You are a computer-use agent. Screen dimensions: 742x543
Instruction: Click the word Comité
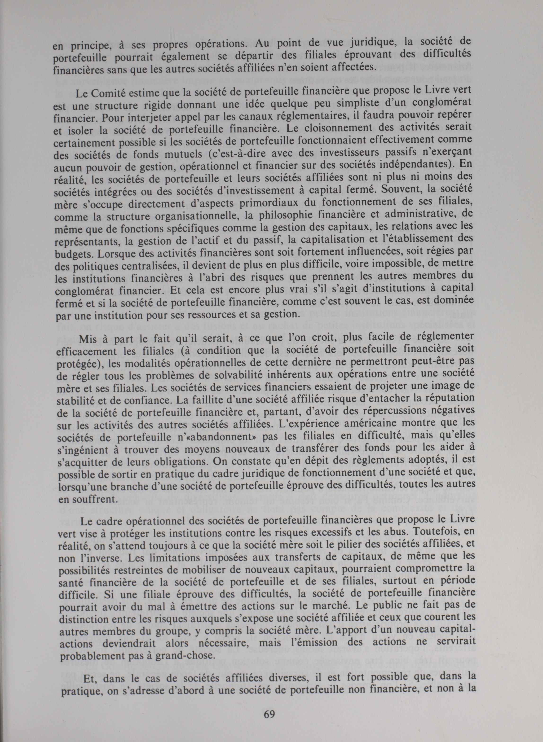pyautogui.click(x=107, y=93)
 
